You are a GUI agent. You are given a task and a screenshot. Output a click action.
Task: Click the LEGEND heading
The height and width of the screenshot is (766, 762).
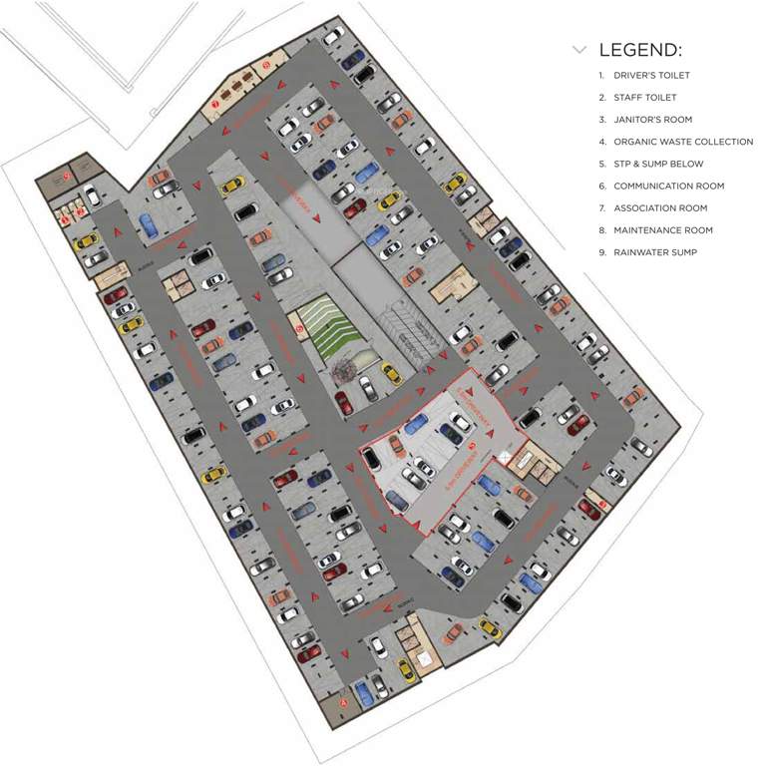640,50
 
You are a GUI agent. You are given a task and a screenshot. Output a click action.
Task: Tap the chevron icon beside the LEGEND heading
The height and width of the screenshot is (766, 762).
579,49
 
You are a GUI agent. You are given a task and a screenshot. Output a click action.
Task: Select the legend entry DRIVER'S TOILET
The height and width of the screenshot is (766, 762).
651,76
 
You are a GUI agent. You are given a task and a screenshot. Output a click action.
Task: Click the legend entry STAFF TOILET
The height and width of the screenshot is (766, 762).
644,98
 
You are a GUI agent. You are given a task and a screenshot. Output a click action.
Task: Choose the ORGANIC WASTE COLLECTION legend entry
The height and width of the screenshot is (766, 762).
683,142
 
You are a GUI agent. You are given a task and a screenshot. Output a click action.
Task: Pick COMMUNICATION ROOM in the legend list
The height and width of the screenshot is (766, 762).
668,186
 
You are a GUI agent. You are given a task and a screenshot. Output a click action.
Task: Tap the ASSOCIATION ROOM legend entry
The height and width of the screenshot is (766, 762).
660,207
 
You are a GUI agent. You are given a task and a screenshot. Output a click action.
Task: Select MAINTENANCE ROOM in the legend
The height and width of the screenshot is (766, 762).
663,230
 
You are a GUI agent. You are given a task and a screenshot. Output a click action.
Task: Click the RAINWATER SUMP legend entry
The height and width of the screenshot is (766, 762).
655,252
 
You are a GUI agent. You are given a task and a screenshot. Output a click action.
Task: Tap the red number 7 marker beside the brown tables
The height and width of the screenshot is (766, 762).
215,104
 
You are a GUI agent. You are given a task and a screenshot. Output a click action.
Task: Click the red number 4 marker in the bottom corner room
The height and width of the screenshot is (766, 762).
344,701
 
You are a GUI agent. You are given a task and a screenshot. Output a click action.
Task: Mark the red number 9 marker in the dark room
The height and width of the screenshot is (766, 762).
65,177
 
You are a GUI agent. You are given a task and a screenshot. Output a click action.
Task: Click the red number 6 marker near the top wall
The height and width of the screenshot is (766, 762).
266,66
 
